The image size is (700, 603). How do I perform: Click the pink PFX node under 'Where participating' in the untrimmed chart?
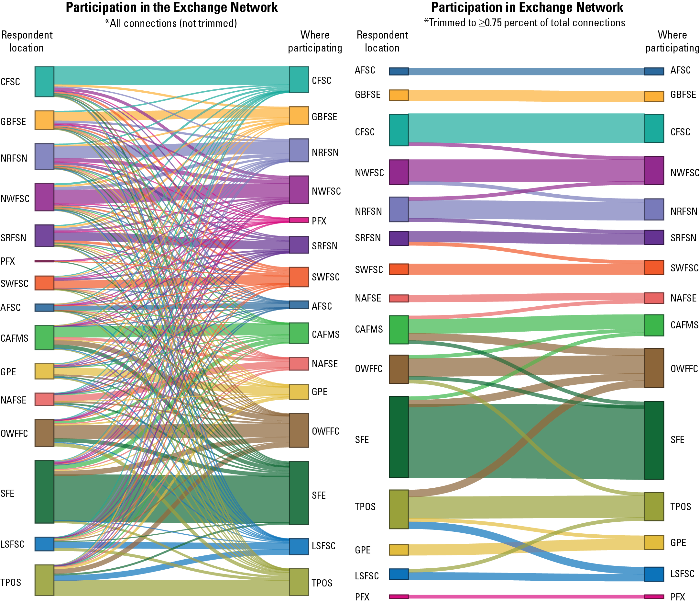[x=299, y=220]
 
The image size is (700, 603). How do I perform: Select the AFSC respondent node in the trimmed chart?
[x=399, y=71]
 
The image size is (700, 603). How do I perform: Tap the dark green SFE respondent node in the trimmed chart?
[x=399, y=437]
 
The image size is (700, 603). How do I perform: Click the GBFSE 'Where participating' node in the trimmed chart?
[x=654, y=97]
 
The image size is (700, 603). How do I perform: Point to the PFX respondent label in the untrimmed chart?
[x=8, y=261]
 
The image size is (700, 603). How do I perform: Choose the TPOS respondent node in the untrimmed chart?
[x=44, y=580]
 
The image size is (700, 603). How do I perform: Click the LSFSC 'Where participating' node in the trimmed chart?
[x=654, y=574]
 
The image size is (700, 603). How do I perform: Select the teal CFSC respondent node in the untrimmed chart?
[x=44, y=82]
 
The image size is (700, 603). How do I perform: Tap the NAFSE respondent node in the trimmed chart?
[x=399, y=298]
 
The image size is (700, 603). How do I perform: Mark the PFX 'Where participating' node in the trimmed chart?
[x=654, y=597]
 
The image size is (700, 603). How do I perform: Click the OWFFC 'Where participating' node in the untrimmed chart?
[x=299, y=430]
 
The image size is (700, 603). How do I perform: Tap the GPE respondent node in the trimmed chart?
[x=399, y=550]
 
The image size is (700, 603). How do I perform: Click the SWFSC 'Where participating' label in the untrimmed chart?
[x=325, y=277]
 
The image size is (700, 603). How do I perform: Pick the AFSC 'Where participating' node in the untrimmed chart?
[x=299, y=305]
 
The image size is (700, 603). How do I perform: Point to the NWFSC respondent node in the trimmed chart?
[x=399, y=172]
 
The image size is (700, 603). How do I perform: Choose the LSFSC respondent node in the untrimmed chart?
[x=44, y=544]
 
